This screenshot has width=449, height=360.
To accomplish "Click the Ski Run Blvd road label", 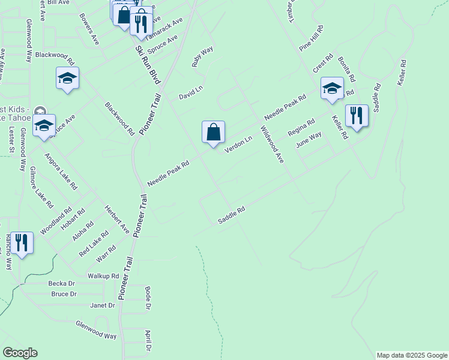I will pyautogui.click(x=148, y=58).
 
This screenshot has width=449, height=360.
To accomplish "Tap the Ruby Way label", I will pyautogui.click(x=202, y=56).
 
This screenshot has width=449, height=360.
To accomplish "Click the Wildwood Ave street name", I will pyautogui.click(x=271, y=145).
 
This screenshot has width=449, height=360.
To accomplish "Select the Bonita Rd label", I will pyautogui.click(x=346, y=69).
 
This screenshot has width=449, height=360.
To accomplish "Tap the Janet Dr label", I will pyautogui.click(x=102, y=305).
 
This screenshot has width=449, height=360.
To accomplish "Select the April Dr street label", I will pyautogui.click(x=147, y=340).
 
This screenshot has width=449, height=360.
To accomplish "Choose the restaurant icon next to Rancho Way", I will pyautogui.click(x=22, y=242).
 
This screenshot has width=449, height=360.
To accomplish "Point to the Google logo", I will pyautogui.click(x=20, y=353).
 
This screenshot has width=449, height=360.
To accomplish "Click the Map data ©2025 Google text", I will pyautogui.click(x=411, y=355).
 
